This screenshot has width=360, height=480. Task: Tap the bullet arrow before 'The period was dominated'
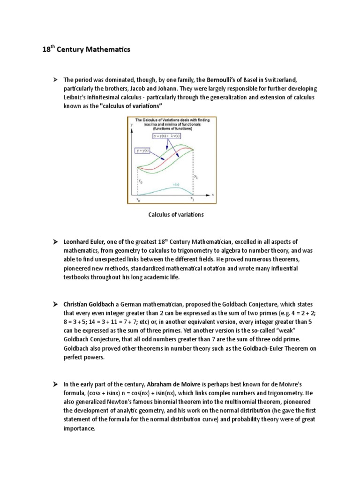point(55,80)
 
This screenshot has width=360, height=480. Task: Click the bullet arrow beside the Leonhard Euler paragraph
point(55,241)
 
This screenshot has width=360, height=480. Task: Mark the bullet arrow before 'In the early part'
point(55,383)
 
